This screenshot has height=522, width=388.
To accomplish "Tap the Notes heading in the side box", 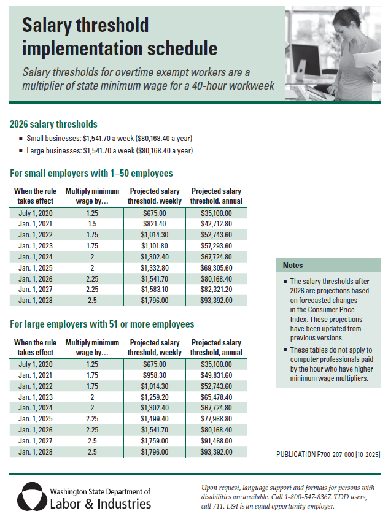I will click(x=293, y=265).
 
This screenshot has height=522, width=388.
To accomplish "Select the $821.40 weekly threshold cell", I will click(x=154, y=224).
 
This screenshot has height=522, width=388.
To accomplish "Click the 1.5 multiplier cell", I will click(x=92, y=224).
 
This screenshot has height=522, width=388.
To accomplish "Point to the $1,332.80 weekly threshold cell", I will click(x=154, y=268).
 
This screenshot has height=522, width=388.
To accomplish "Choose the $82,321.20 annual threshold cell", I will click(x=215, y=290).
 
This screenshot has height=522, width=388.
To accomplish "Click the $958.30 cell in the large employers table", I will click(x=154, y=375).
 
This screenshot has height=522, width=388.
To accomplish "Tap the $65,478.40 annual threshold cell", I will click(x=215, y=397).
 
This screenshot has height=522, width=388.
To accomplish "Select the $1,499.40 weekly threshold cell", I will click(x=154, y=419).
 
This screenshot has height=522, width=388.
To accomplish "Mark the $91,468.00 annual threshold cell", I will click(x=215, y=441).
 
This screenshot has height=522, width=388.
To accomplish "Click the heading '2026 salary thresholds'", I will click(x=53, y=124).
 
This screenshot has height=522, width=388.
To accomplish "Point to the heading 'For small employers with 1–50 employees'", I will click(x=91, y=173).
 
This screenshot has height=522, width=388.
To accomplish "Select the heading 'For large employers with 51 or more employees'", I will click(x=102, y=324).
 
